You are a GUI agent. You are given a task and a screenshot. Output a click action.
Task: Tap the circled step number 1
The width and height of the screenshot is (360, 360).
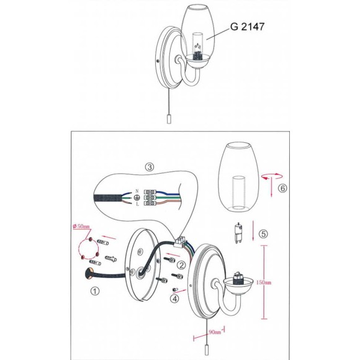point(94,290)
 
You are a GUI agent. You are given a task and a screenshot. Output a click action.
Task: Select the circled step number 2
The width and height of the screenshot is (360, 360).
point(181,264)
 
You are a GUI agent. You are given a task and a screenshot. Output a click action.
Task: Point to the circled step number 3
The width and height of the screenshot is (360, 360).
point(150,167)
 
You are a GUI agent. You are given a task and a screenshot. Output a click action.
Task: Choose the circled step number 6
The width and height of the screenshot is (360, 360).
point(283,186)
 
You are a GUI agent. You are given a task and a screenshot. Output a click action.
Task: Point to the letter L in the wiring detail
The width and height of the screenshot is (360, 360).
point(137,204)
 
